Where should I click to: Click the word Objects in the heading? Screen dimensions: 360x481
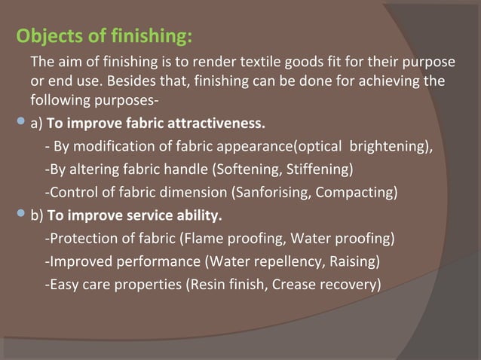(47, 36)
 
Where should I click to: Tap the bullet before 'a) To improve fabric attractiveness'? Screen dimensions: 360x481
(21, 121)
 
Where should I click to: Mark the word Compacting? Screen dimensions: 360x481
(358, 191)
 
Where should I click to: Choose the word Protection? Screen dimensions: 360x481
(80, 239)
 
